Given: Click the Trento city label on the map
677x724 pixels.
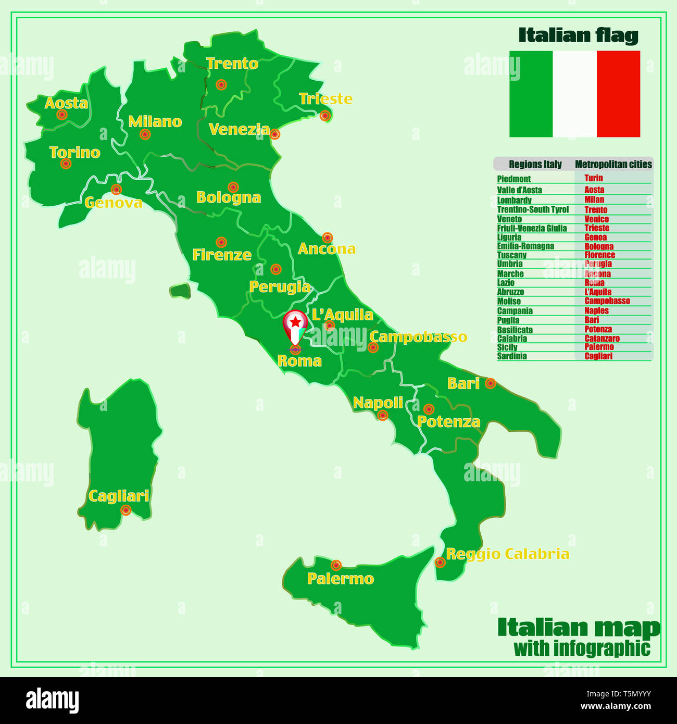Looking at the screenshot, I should pyautogui.click(x=232, y=64).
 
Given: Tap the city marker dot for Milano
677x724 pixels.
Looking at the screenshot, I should pyautogui.click(x=145, y=134).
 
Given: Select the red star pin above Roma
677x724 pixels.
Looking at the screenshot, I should pyautogui.click(x=295, y=323).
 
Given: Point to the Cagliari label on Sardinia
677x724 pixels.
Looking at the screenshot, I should pyautogui.click(x=119, y=496).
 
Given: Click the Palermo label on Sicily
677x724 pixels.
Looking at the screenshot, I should pyautogui.click(x=341, y=579).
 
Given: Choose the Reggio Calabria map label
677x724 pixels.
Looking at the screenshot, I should pyautogui.click(x=508, y=554).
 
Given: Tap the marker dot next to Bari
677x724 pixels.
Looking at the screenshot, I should pyautogui.click(x=490, y=383).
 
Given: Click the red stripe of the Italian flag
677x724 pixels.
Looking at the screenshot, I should pyautogui.click(x=618, y=94).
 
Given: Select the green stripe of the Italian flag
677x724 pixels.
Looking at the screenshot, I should pyautogui.click(x=531, y=94).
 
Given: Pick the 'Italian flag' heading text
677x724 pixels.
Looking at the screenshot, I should pyautogui.click(x=578, y=35).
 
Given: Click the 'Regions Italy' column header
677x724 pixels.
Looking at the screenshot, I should pyautogui.click(x=535, y=165).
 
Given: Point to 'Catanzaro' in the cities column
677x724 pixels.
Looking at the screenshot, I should pyautogui.click(x=602, y=339).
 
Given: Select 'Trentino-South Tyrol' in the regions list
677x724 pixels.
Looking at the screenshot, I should pyautogui.click(x=533, y=209).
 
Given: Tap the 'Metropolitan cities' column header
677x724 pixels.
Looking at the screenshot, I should pyautogui.click(x=613, y=165).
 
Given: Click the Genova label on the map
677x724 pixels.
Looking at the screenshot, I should pyautogui.click(x=114, y=203).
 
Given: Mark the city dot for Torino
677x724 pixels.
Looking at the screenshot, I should pyautogui.click(x=66, y=164).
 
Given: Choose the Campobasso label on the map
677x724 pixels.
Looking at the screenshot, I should pyautogui.click(x=418, y=337).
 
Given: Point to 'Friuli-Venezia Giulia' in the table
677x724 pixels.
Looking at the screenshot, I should pyautogui.click(x=532, y=228).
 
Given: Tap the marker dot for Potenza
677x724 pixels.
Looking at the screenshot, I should pyautogui.click(x=429, y=409).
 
